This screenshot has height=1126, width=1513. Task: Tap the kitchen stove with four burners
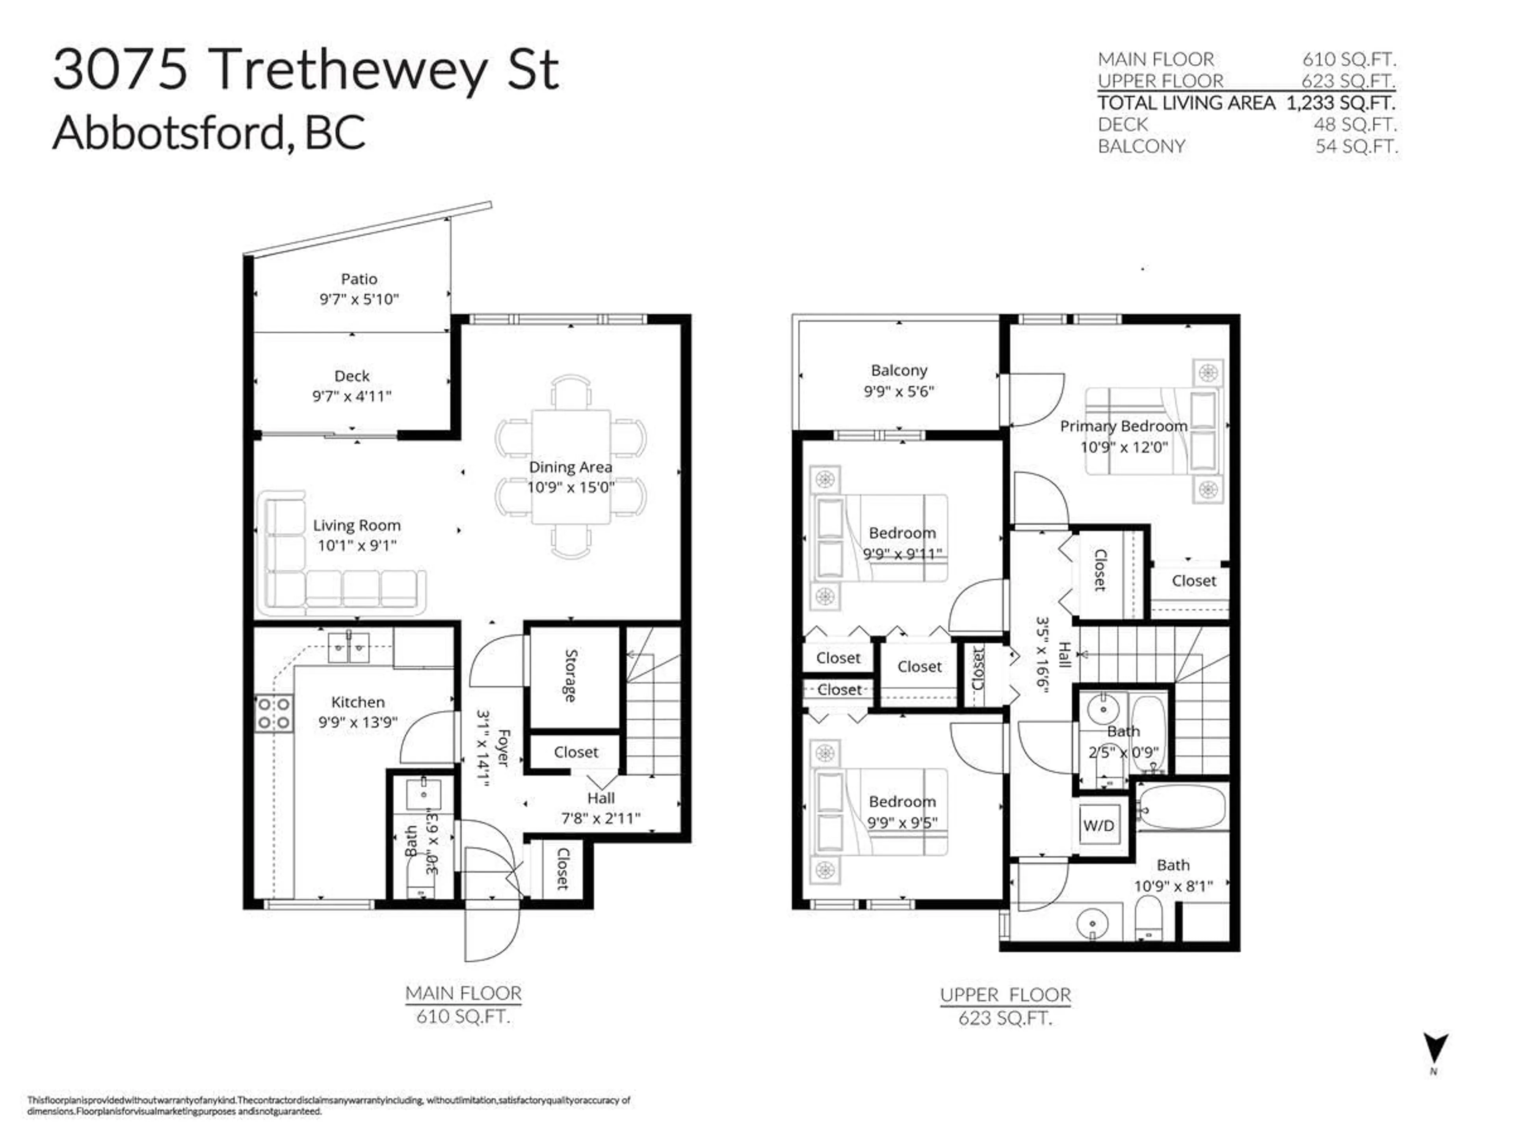click(274, 713)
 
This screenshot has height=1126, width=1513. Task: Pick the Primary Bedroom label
click(1123, 426)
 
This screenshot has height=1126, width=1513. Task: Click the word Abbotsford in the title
click(168, 132)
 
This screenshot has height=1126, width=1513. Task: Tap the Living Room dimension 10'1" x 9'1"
click(357, 545)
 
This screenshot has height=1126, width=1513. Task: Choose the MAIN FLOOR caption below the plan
click(463, 993)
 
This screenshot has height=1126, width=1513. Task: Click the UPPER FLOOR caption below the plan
click(1005, 995)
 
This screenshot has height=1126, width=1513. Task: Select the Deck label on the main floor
click(352, 375)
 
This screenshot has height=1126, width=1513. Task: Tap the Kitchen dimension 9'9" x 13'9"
click(358, 722)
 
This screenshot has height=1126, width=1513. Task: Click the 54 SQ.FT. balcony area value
click(1355, 146)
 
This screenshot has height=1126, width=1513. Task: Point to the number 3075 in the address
click(120, 69)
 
